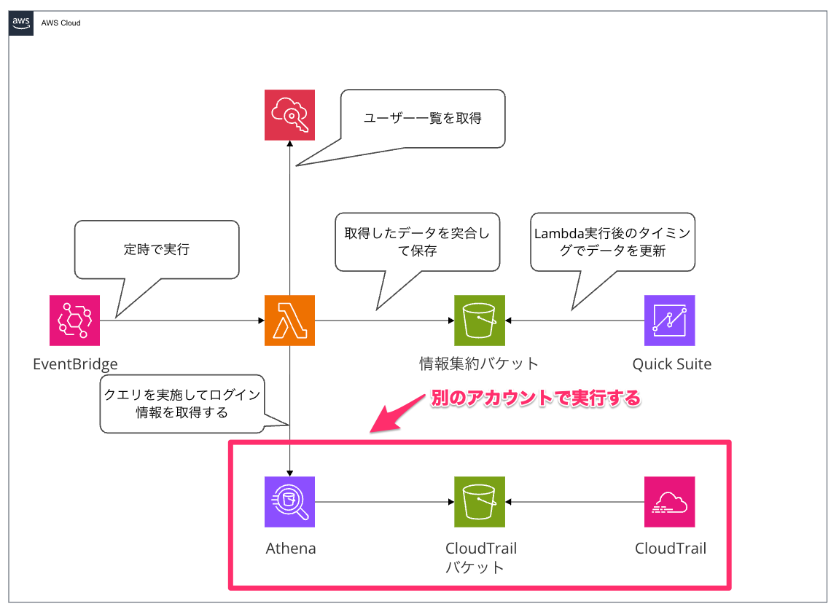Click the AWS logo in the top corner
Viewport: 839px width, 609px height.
20,23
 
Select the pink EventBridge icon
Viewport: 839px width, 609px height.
75,320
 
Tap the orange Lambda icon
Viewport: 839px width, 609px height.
290,320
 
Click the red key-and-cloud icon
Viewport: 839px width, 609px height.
289,115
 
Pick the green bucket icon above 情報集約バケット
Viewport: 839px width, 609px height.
479,320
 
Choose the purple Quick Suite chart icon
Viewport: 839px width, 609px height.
669,320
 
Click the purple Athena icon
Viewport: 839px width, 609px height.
290,502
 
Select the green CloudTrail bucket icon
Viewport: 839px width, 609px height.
479,502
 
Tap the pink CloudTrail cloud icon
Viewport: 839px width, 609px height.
669,502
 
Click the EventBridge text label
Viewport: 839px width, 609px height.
75,364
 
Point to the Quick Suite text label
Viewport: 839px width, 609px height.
671,364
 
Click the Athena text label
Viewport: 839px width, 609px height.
290,549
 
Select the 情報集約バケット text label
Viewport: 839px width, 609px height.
479,364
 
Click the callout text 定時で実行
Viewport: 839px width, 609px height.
156,250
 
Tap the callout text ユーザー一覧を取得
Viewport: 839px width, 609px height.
423,118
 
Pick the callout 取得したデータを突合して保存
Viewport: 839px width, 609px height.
417,243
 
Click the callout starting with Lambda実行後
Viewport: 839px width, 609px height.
612,243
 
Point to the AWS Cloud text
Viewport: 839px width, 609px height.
61,23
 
